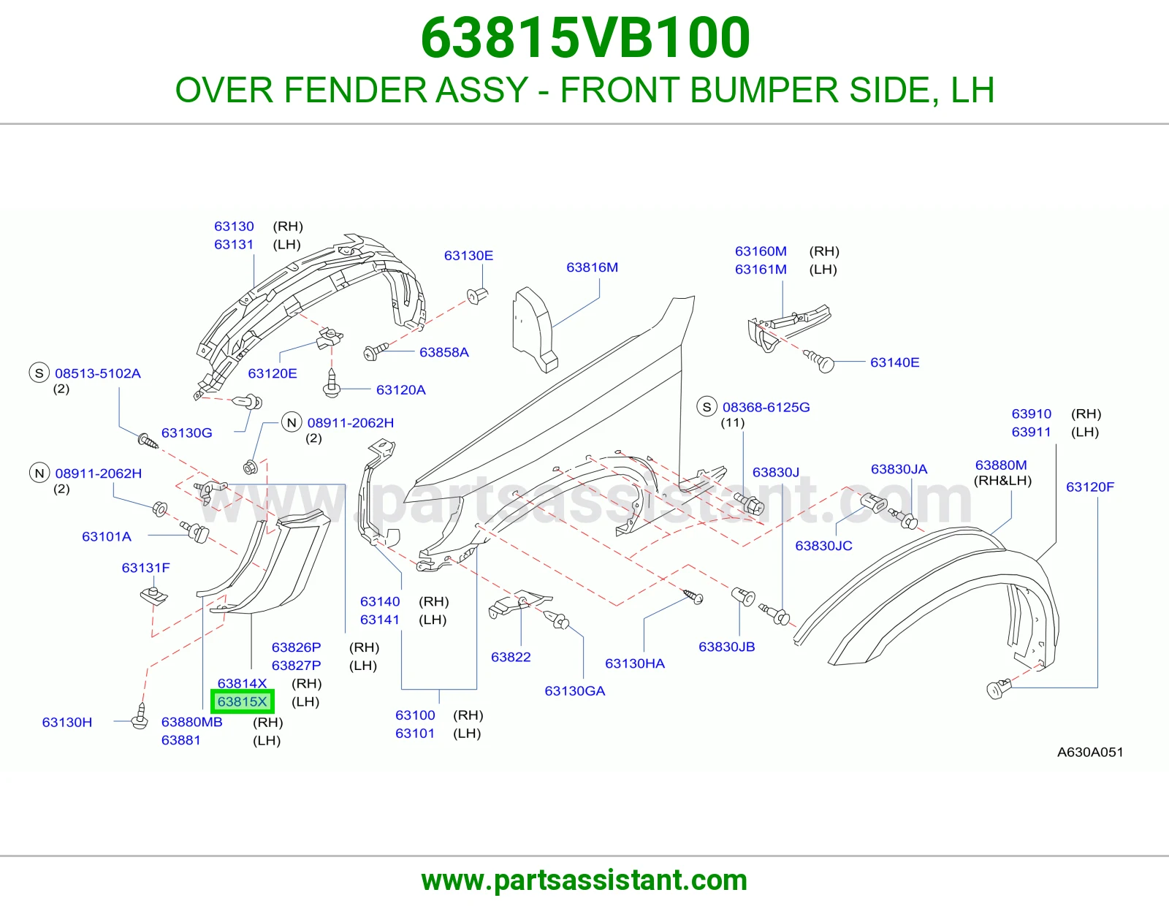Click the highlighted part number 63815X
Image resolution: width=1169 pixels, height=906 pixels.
coord(242,701)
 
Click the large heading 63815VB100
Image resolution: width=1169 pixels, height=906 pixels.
coord(584,38)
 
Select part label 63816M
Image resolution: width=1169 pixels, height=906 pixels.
coord(592,267)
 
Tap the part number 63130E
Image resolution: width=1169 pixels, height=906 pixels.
coord(468,256)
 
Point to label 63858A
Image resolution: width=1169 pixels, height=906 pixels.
coord(443,352)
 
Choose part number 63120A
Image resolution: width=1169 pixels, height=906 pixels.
coord(401,390)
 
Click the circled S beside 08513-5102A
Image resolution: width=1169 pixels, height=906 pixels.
coord(39,373)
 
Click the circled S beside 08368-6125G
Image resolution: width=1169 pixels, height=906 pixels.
coord(707,407)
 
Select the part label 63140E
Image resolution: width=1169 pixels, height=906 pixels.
coord(894,362)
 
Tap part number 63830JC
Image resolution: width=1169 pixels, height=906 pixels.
coord(823,546)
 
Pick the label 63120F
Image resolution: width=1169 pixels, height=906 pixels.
coord(1090,487)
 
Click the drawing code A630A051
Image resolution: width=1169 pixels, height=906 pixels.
coord(1090,752)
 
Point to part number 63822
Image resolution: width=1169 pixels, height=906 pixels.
coord(511,657)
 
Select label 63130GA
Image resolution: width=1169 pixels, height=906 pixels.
coord(574,690)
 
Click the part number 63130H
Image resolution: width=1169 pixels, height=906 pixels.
coord(67,722)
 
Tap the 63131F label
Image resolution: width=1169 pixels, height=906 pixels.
coord(146,568)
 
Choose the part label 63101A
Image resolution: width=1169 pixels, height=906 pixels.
coord(107,536)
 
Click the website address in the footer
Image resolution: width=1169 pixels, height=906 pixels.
coord(584,880)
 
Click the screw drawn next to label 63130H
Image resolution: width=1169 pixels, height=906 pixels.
coord(140,716)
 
